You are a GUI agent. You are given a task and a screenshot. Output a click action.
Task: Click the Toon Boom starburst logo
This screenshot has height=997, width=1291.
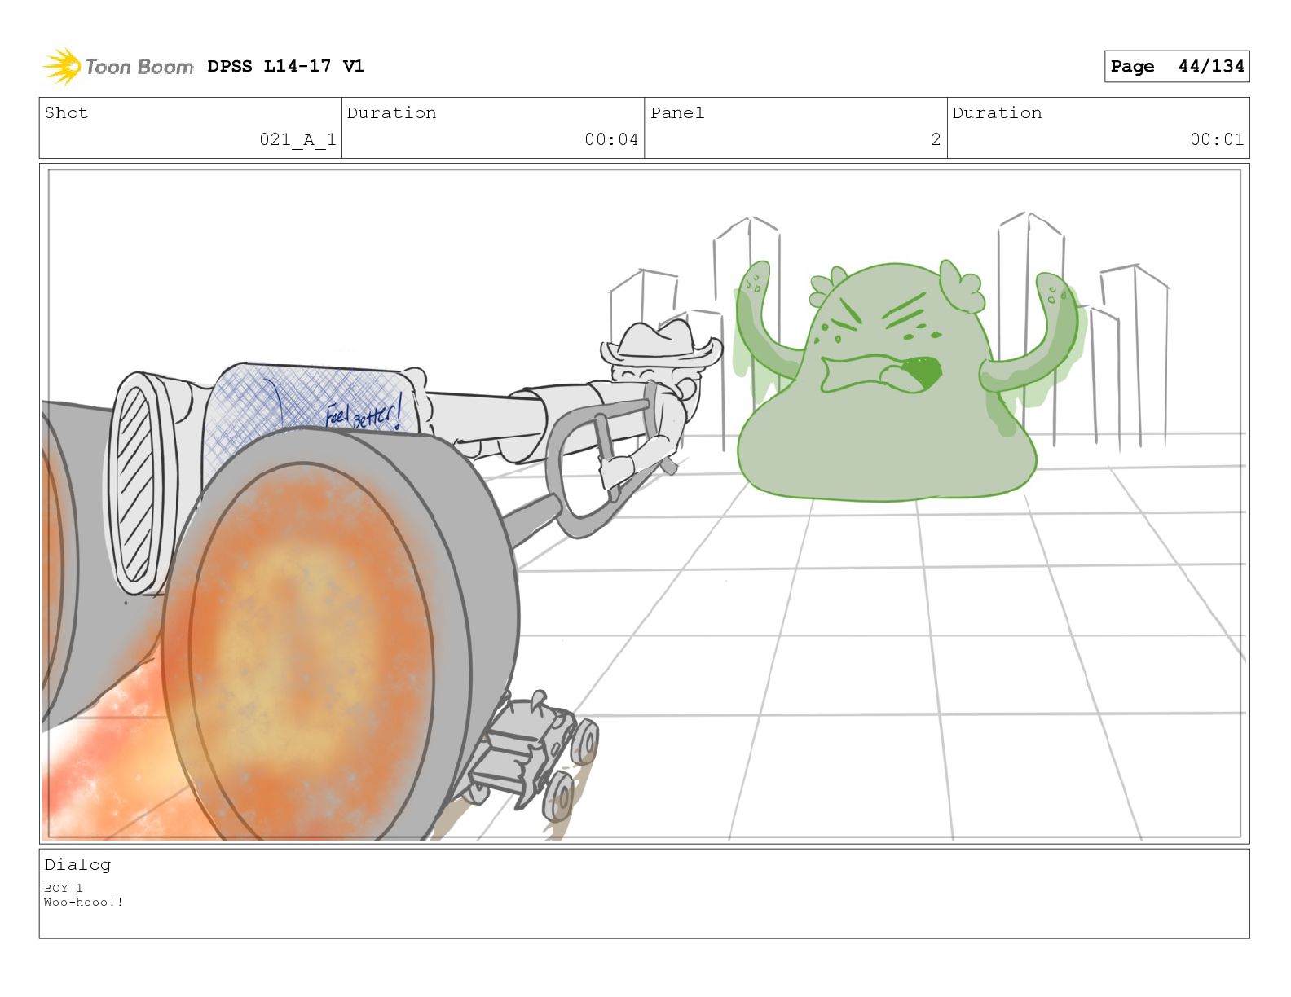pyautogui.click(x=62, y=66)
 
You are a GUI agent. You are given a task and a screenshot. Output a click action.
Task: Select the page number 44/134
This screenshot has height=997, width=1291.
pyautogui.click(x=1211, y=66)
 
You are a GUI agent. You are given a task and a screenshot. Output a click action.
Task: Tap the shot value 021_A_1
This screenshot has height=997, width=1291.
pyautogui.click(x=297, y=139)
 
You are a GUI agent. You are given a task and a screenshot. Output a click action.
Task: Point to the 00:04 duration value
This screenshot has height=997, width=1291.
pyautogui.click(x=611, y=139)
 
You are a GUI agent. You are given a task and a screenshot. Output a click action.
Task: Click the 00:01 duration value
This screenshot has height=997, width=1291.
pyautogui.click(x=1217, y=139)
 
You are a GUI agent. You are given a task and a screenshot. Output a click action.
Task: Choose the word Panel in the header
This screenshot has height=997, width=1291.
pyautogui.click(x=677, y=113)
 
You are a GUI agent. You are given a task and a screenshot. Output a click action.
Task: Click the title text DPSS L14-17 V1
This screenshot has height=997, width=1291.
pyautogui.click(x=285, y=66)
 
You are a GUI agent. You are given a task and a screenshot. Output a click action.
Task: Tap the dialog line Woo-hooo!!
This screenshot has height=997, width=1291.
pyautogui.click(x=84, y=902)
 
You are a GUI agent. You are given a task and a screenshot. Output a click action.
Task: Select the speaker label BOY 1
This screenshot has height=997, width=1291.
pyautogui.click(x=64, y=888)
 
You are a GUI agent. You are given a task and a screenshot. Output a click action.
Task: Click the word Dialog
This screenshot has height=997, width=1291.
pyautogui.click(x=77, y=865)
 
